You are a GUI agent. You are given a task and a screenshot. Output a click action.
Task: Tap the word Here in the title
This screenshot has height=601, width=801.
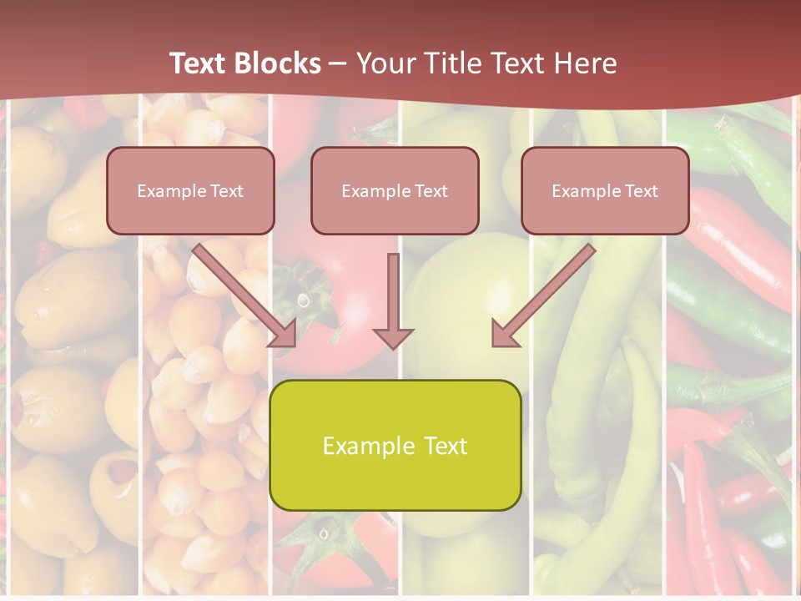(584, 63)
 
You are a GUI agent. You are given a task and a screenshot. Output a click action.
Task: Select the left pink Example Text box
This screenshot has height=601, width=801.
(190, 190)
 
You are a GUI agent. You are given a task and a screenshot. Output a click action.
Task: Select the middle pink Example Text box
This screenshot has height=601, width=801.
(395, 190)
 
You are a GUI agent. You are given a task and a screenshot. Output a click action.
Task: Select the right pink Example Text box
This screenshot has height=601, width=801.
(605, 190)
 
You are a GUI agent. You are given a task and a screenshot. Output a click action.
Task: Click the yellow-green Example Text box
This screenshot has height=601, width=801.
(395, 445)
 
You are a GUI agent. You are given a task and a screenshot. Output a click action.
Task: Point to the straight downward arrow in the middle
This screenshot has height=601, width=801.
(394, 292)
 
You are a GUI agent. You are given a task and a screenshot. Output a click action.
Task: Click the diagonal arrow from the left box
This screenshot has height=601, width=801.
(242, 292)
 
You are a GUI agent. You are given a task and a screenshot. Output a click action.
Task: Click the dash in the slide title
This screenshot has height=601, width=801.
(338, 63)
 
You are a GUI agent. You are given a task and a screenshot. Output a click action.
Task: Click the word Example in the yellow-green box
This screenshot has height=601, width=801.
(368, 446)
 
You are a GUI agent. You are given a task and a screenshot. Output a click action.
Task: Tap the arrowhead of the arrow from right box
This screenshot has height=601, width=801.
(504, 334)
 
